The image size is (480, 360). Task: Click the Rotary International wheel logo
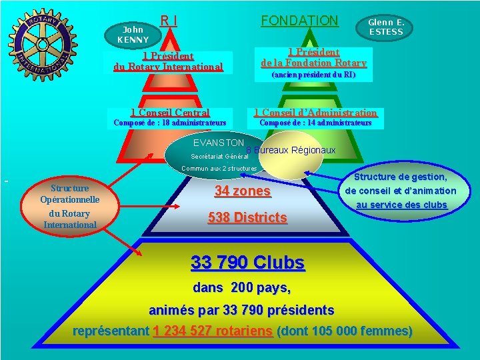[x=43, y=45]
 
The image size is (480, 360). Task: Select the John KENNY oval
[x=133, y=35]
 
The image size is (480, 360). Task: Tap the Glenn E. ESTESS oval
[x=384, y=27]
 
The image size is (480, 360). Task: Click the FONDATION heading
[x=300, y=21]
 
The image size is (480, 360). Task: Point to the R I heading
[x=169, y=21]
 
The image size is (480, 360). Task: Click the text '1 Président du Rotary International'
[x=169, y=61]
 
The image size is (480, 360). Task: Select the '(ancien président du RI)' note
[x=314, y=75]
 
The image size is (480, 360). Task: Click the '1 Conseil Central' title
[x=170, y=113]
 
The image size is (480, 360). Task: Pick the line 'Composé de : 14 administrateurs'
[x=315, y=123]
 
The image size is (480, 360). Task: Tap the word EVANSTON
[x=219, y=143]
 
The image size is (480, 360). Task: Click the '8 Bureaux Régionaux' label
[x=291, y=150]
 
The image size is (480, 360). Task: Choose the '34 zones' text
[x=243, y=191]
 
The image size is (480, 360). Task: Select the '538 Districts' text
[x=247, y=217]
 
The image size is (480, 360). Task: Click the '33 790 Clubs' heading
[x=247, y=263]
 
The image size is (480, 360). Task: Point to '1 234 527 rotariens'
[x=213, y=331]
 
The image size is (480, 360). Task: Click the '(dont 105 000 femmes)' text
[x=345, y=331]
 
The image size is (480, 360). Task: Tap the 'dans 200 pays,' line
[x=242, y=288]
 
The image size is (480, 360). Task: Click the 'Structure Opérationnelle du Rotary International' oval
[x=70, y=206]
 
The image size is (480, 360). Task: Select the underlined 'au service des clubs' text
[x=401, y=205]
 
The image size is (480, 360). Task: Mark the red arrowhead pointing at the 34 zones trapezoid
[x=176, y=206]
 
